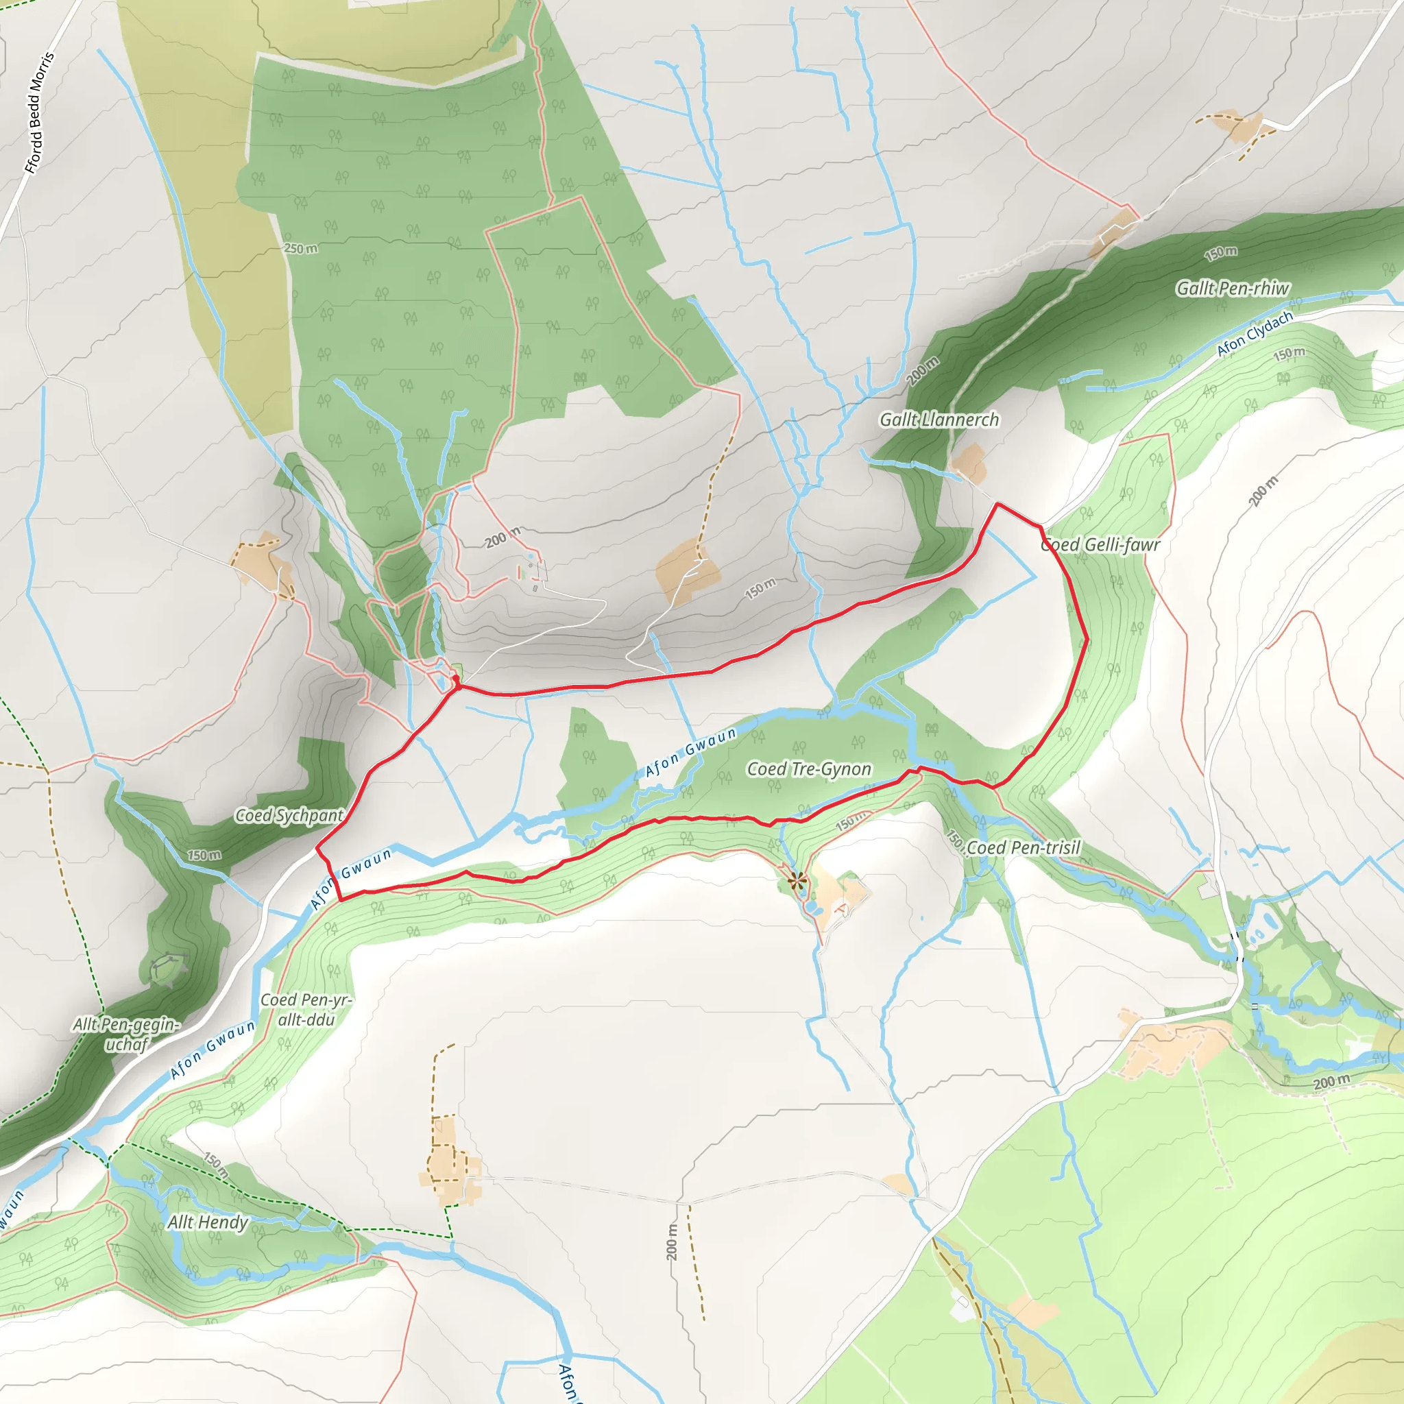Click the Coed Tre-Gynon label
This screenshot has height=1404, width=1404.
pyautogui.click(x=809, y=769)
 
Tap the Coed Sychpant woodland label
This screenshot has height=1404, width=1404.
pyautogui.click(x=289, y=815)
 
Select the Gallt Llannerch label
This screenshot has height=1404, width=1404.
pyautogui.click(x=939, y=420)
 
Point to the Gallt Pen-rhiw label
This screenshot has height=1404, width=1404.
pyautogui.click(x=1233, y=289)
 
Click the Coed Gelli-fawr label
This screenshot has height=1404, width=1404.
pyautogui.click(x=1100, y=544)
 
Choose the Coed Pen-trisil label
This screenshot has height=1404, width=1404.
pyautogui.click(x=1024, y=847)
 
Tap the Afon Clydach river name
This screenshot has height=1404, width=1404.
pyautogui.click(x=1255, y=334)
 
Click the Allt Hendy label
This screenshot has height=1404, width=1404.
pyautogui.click(x=208, y=1222)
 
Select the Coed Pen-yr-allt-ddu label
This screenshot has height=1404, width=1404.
pyautogui.click(x=306, y=1009)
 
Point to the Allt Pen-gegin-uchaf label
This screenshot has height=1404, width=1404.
pyautogui.click(x=126, y=1033)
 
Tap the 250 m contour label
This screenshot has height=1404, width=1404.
pyautogui.click(x=300, y=249)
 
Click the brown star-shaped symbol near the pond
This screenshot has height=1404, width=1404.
pyautogui.click(x=797, y=882)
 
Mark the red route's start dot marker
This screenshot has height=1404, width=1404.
pyautogui.click(x=456, y=679)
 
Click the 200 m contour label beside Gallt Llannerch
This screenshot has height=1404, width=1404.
pyautogui.click(x=923, y=372)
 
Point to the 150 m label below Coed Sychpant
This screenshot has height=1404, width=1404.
pyautogui.click(x=204, y=855)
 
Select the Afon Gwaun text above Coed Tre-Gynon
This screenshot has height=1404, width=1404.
pyautogui.click(x=691, y=752)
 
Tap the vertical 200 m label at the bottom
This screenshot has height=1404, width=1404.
pyautogui.click(x=670, y=1242)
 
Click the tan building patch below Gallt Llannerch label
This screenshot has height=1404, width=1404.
pyautogui.click(x=969, y=463)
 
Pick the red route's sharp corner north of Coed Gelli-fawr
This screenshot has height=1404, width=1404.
pyautogui.click(x=997, y=504)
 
